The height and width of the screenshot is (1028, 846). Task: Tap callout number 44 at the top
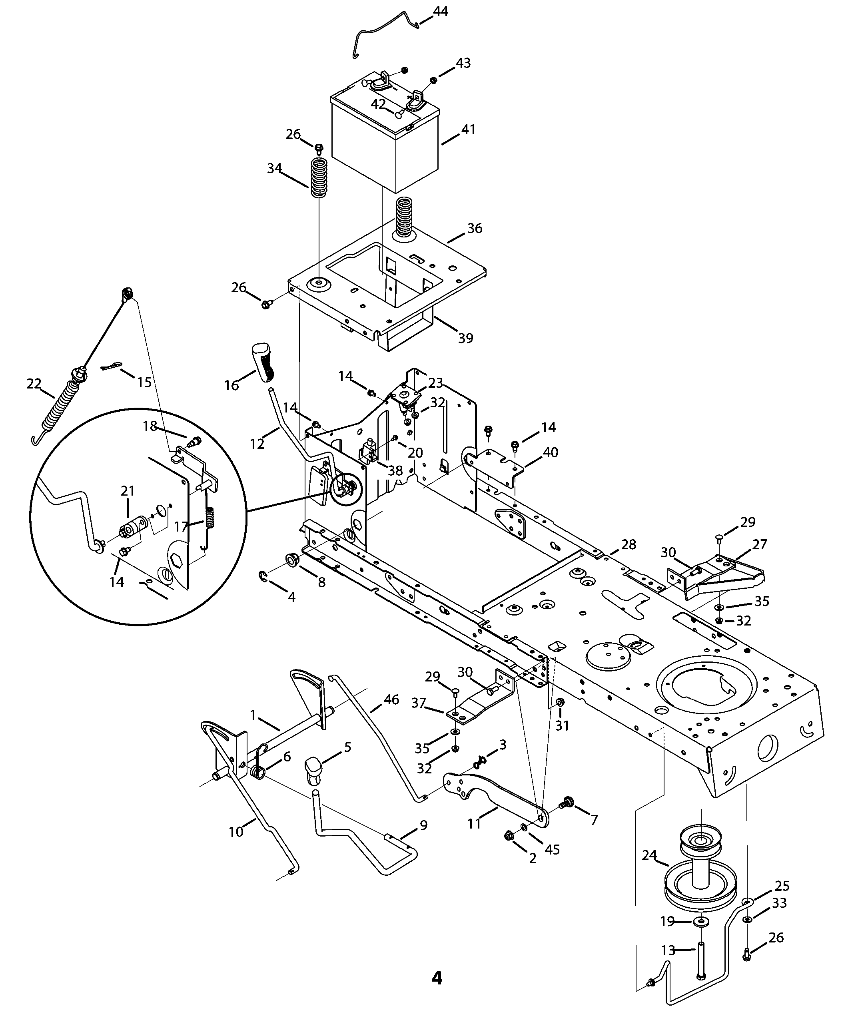point(441,11)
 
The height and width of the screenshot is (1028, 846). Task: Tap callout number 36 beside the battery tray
point(475,228)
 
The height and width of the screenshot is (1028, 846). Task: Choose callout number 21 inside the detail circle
point(128,490)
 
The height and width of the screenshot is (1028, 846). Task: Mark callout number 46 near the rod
point(391,699)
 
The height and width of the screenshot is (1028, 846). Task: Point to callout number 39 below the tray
point(465,338)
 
